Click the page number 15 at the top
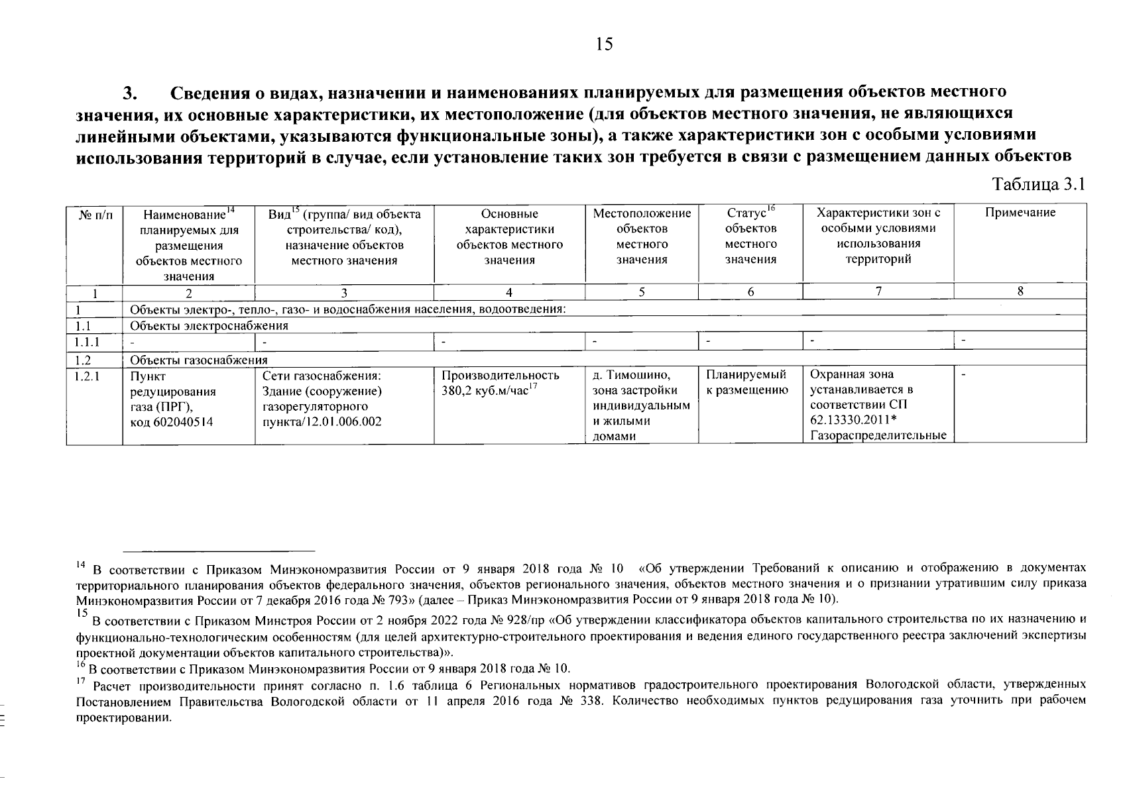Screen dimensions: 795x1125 tap(605, 44)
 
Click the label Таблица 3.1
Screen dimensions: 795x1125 tap(1038, 185)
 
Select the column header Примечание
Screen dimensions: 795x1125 tap(1020, 213)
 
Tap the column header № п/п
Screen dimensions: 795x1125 tap(95, 214)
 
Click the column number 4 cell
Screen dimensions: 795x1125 tap(508, 292)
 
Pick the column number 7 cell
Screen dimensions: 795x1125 tap(878, 291)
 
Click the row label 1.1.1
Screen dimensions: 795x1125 tap(87, 342)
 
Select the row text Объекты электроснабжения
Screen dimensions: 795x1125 tap(209, 325)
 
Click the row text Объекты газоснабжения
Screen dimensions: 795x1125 tap(198, 360)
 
